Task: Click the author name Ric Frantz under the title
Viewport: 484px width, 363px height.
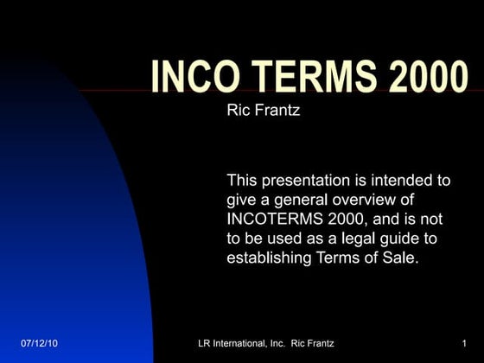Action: pos(263,111)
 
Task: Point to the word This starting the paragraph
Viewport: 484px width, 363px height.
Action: pos(243,181)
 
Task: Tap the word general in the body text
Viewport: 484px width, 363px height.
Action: pos(281,200)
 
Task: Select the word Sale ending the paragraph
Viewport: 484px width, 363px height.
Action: pos(399,257)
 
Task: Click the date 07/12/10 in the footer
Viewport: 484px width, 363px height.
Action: pos(39,345)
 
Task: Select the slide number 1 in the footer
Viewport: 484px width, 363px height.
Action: pos(464,345)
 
